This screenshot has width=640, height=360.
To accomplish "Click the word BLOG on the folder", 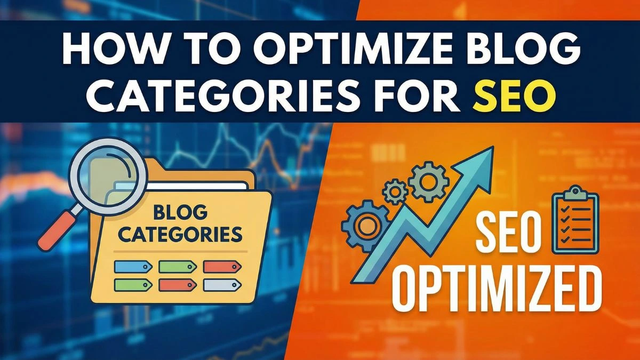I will (180, 213).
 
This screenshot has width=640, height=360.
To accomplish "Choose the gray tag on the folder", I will (219, 285).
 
